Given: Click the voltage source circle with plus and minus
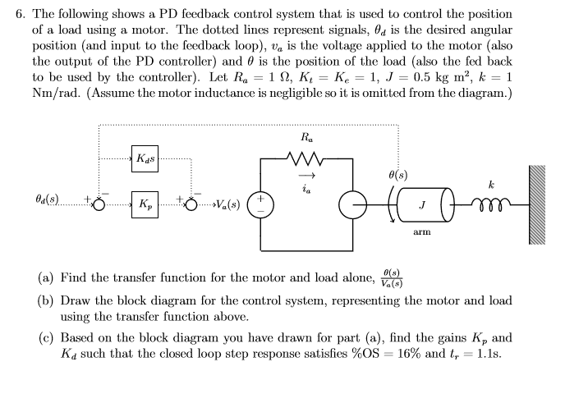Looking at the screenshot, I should pyautogui.click(x=260, y=203).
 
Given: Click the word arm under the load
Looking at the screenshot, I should pyautogui.click(x=422, y=231).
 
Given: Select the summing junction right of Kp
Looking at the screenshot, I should pyautogui.click(x=194, y=202).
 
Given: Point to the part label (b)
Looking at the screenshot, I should pyautogui.click(x=48, y=300).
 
